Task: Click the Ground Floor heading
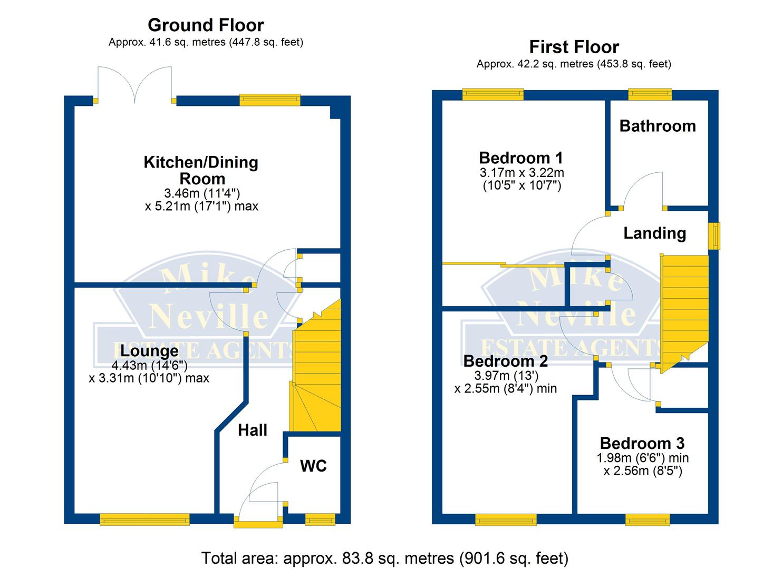[x=206, y=25]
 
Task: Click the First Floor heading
[x=574, y=47]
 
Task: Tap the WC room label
[x=313, y=466]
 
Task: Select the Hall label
[x=253, y=430]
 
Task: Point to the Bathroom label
[x=658, y=126]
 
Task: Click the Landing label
[x=655, y=233]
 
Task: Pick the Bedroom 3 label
[x=642, y=443]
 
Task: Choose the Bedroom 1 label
[x=521, y=158]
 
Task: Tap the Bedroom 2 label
[x=505, y=361]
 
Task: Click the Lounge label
[x=149, y=350]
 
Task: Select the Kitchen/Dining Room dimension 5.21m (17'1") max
[x=201, y=206]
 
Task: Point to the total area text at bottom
[x=385, y=558]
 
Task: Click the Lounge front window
[x=144, y=519]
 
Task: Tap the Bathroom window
[x=650, y=94]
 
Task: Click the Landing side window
[x=714, y=236]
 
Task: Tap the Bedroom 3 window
[x=647, y=520]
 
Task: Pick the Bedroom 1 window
[x=493, y=94]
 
